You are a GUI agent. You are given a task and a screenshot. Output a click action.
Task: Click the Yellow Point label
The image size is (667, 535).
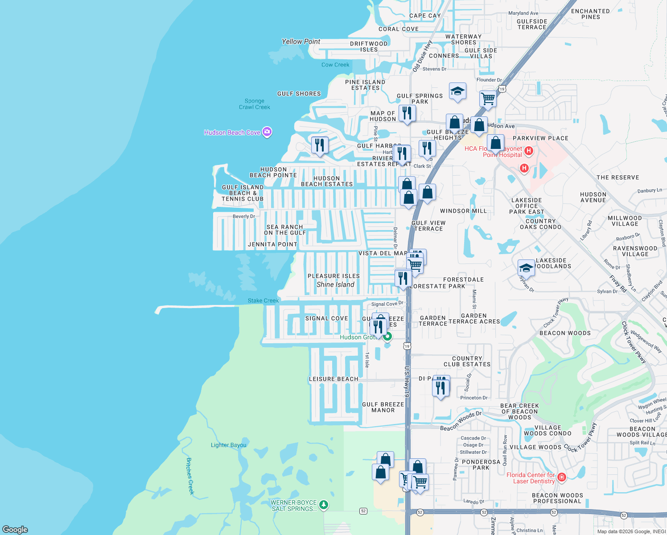click(301, 41)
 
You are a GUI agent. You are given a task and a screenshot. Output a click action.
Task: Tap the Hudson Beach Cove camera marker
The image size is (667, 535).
click(267, 132)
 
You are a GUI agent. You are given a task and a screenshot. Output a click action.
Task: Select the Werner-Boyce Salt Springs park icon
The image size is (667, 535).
click(324, 505)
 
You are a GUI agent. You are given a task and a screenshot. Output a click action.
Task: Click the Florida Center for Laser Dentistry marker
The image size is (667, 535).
click(562, 477)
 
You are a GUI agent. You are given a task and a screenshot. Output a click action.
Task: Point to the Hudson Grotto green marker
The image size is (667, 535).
click(387, 337)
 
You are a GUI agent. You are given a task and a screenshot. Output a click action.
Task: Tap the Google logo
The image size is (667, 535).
click(15, 529)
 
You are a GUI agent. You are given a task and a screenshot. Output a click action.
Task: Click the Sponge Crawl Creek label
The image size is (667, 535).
click(255, 104)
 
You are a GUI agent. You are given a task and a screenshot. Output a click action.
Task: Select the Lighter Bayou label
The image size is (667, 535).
click(228, 445)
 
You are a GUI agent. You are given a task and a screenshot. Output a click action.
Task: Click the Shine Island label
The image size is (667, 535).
click(335, 284)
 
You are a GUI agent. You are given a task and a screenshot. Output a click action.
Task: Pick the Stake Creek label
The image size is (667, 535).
click(263, 300)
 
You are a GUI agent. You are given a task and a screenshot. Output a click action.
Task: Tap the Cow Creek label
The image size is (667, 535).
click(335, 65)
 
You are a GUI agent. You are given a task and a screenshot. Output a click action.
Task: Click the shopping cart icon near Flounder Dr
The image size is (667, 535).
click(488, 99)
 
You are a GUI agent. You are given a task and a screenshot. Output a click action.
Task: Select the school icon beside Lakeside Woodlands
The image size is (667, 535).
click(526, 268)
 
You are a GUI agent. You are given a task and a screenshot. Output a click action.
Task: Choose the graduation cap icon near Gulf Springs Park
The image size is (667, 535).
click(457, 91)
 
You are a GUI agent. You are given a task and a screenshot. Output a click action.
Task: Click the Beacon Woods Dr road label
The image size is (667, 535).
click(461, 421)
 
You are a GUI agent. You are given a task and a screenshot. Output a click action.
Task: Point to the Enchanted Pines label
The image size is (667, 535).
click(590, 14)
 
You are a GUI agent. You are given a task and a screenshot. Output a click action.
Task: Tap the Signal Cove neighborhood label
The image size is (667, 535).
click(326, 318)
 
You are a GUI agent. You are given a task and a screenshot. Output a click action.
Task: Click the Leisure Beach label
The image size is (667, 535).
click(333, 379)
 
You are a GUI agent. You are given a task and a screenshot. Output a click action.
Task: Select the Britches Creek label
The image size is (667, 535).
click(190, 476)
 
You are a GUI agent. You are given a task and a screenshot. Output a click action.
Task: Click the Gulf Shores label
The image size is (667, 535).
click(299, 94)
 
